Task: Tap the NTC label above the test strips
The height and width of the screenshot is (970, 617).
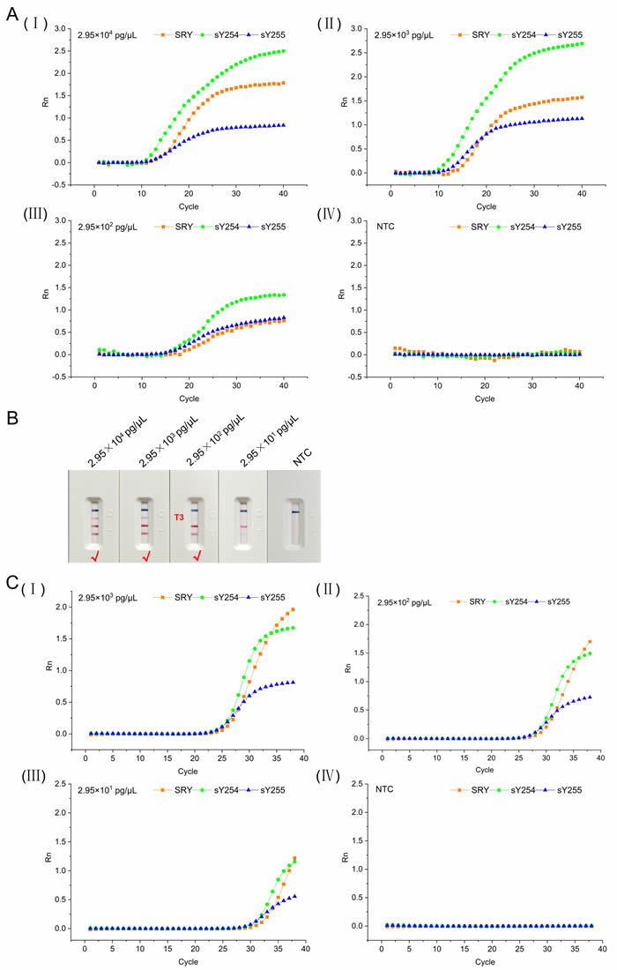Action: pos(296,456)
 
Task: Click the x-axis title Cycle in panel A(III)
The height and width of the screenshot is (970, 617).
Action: pos(190,398)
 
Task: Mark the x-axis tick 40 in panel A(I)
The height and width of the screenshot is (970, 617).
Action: pos(283,197)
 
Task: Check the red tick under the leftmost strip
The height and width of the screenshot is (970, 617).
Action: pos(94,556)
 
